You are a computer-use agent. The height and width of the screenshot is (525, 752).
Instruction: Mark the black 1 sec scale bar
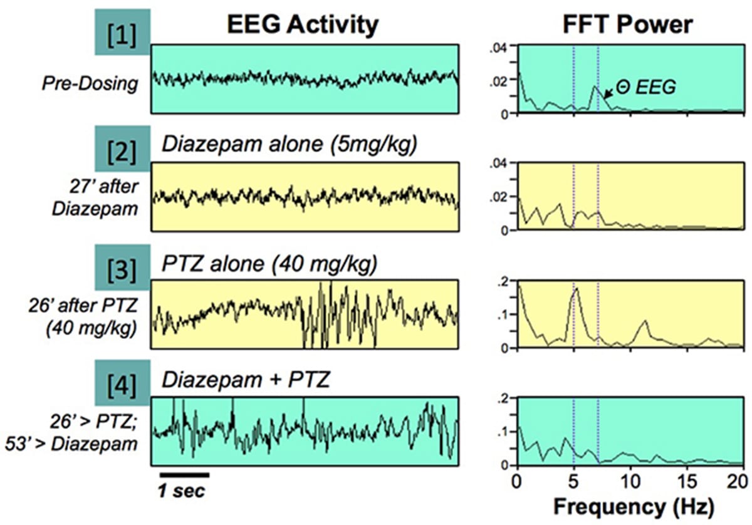pos(183,473)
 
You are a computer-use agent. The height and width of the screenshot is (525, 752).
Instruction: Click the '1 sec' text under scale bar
pos(181,492)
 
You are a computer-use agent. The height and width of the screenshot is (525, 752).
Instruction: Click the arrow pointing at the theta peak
pos(607,94)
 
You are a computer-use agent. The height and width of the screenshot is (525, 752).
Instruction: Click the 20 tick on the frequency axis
pos(741,481)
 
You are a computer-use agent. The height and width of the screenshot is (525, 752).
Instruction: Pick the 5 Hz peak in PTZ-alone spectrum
pos(576,288)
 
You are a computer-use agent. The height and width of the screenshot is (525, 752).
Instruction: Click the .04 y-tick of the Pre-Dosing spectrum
pos(503,46)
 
